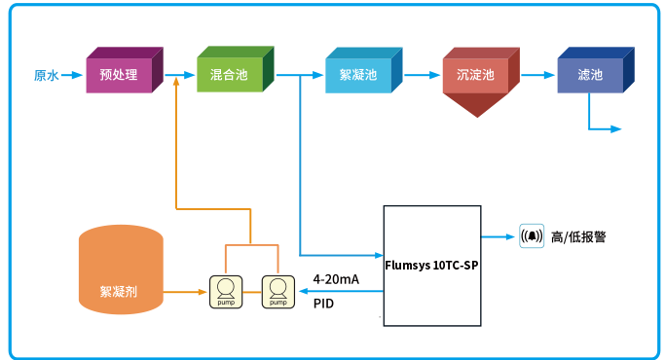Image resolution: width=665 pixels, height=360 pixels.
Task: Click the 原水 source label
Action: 46,74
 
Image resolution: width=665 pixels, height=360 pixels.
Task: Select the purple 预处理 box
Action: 119,74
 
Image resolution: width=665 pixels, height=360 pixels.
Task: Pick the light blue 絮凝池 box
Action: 357,75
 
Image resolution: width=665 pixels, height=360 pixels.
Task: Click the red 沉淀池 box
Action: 475,75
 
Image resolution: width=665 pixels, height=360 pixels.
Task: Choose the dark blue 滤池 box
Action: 590,75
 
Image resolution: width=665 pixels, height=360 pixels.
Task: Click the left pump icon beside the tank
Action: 225,291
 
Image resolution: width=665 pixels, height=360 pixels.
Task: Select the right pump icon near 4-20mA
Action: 277,291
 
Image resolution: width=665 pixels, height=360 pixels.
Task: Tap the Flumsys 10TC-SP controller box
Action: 430,266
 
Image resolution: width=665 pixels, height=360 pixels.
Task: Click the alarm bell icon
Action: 532,236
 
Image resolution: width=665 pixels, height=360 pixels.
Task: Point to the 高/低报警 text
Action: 578,236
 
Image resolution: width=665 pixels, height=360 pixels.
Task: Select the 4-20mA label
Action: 336,279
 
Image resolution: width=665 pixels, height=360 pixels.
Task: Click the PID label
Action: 323,304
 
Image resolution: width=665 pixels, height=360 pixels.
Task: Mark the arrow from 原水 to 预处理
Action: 73,74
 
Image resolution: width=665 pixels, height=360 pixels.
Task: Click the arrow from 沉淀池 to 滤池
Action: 536,74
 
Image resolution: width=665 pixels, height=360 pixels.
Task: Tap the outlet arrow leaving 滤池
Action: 604,127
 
